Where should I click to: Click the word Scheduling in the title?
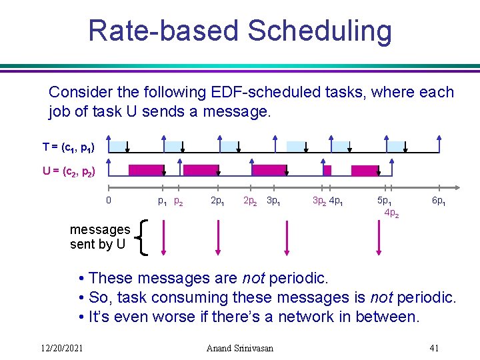point(319,31)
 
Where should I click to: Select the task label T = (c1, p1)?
point(69,147)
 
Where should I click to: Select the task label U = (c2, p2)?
point(69,171)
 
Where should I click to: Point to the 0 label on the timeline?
point(109,200)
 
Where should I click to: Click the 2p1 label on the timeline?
point(217,201)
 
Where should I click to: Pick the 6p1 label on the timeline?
point(439,201)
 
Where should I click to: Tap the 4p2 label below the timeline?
point(391,213)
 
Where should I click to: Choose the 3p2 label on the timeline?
point(319,201)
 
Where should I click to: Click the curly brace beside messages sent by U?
point(141,237)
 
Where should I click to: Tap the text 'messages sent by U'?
point(100,237)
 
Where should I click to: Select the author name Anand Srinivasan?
point(241,347)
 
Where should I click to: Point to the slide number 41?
point(434,347)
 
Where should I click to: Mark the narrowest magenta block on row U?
point(327,170)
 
